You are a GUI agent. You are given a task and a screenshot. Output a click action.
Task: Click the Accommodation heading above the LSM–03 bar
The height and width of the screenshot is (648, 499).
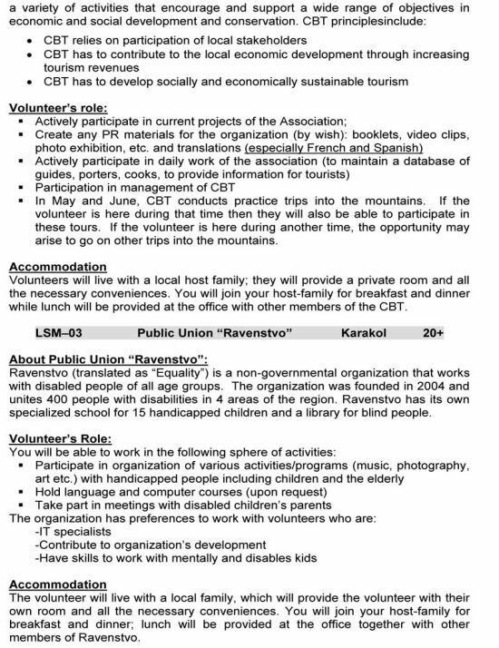(56, 267)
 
